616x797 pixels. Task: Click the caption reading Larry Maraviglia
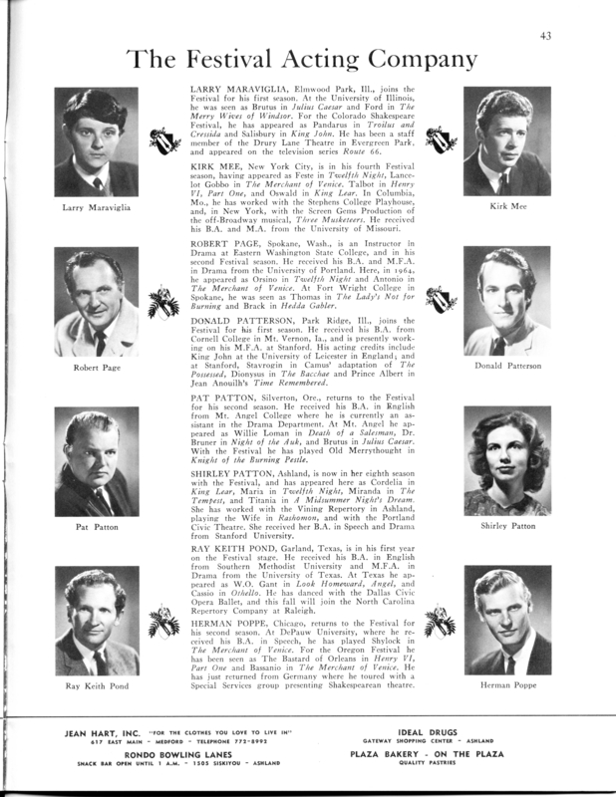(x=97, y=208)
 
